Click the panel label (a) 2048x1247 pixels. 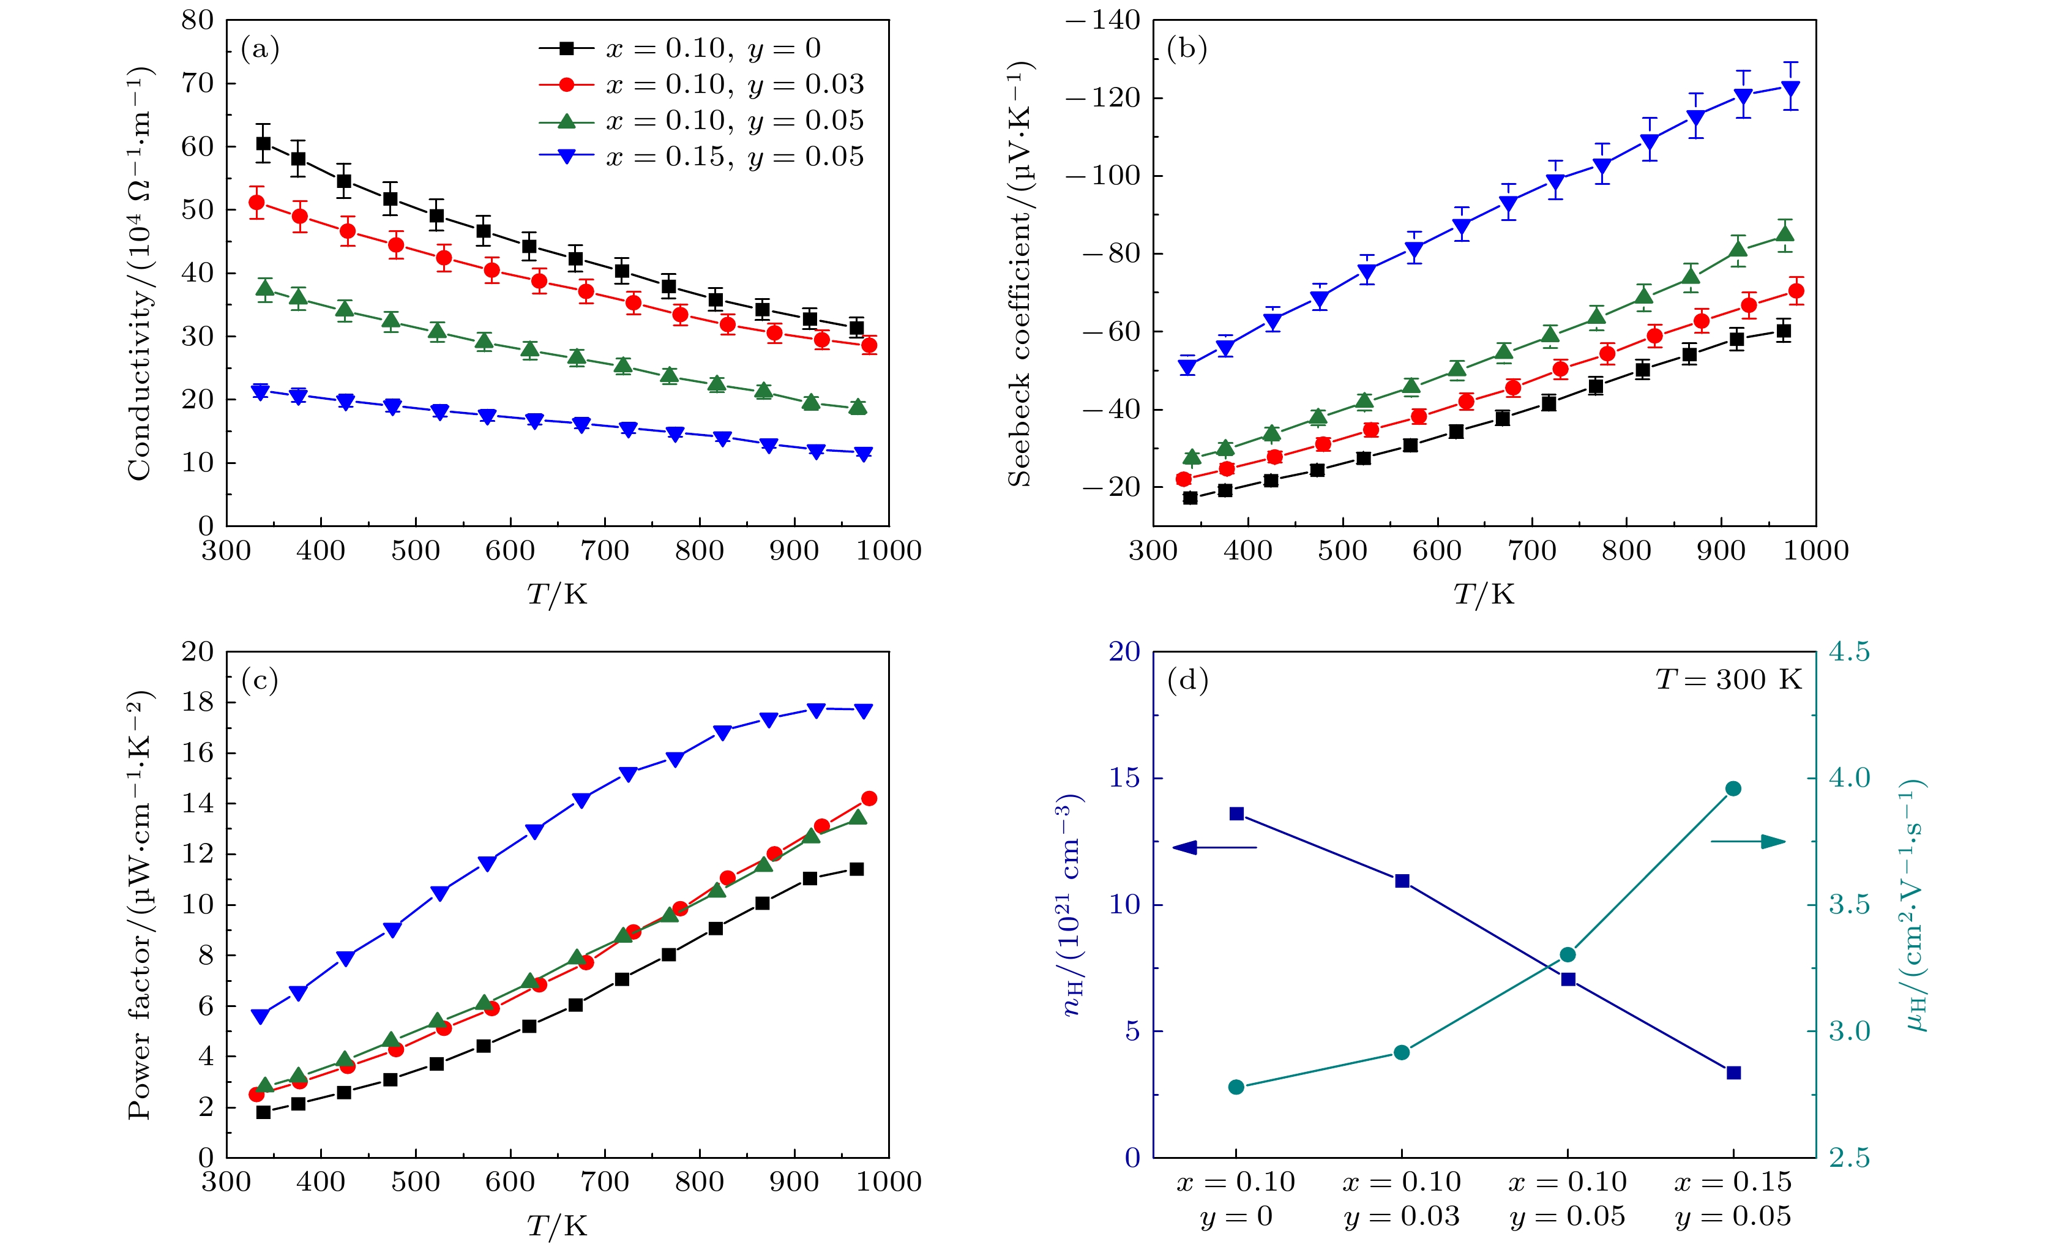[x=260, y=50]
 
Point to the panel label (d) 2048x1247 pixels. [x=1187, y=681]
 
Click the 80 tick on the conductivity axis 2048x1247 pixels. [x=198, y=20]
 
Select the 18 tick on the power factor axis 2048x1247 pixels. [x=198, y=703]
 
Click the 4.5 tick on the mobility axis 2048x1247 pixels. [x=1848, y=652]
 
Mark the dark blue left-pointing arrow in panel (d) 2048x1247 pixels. [x=1214, y=848]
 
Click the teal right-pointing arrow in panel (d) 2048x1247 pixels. [x=1747, y=842]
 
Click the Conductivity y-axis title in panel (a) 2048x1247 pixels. [x=140, y=274]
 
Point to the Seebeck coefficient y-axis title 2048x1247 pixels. [x=1020, y=274]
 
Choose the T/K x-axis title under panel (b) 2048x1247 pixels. [x=1484, y=594]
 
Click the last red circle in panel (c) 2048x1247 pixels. [x=869, y=798]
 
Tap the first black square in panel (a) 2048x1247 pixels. [x=263, y=143]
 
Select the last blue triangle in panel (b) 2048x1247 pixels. [x=1791, y=88]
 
